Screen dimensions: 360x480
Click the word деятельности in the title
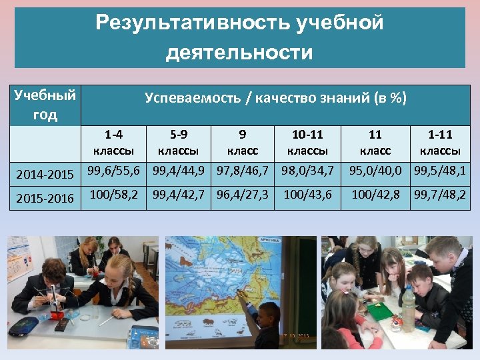pyautogui.click(x=239, y=52)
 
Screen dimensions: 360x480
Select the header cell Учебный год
pyautogui.click(x=45, y=105)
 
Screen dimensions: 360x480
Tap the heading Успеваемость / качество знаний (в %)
pyautogui.click(x=275, y=99)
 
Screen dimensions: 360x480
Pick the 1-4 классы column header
pyautogui.click(x=113, y=142)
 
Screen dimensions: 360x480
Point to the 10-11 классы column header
pyautogui.click(x=307, y=142)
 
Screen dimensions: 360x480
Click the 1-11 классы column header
pyautogui.click(x=439, y=142)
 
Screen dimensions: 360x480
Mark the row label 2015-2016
pyautogui.click(x=44, y=199)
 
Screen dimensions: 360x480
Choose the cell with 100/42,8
pyautogui.click(x=375, y=195)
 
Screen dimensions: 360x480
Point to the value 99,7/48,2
pyautogui.click(x=440, y=195)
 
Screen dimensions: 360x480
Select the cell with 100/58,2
pyautogui.click(x=113, y=195)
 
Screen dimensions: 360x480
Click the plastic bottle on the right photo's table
pyautogui.click(x=407, y=311)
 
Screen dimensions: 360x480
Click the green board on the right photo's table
pyautogui.click(x=379, y=311)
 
